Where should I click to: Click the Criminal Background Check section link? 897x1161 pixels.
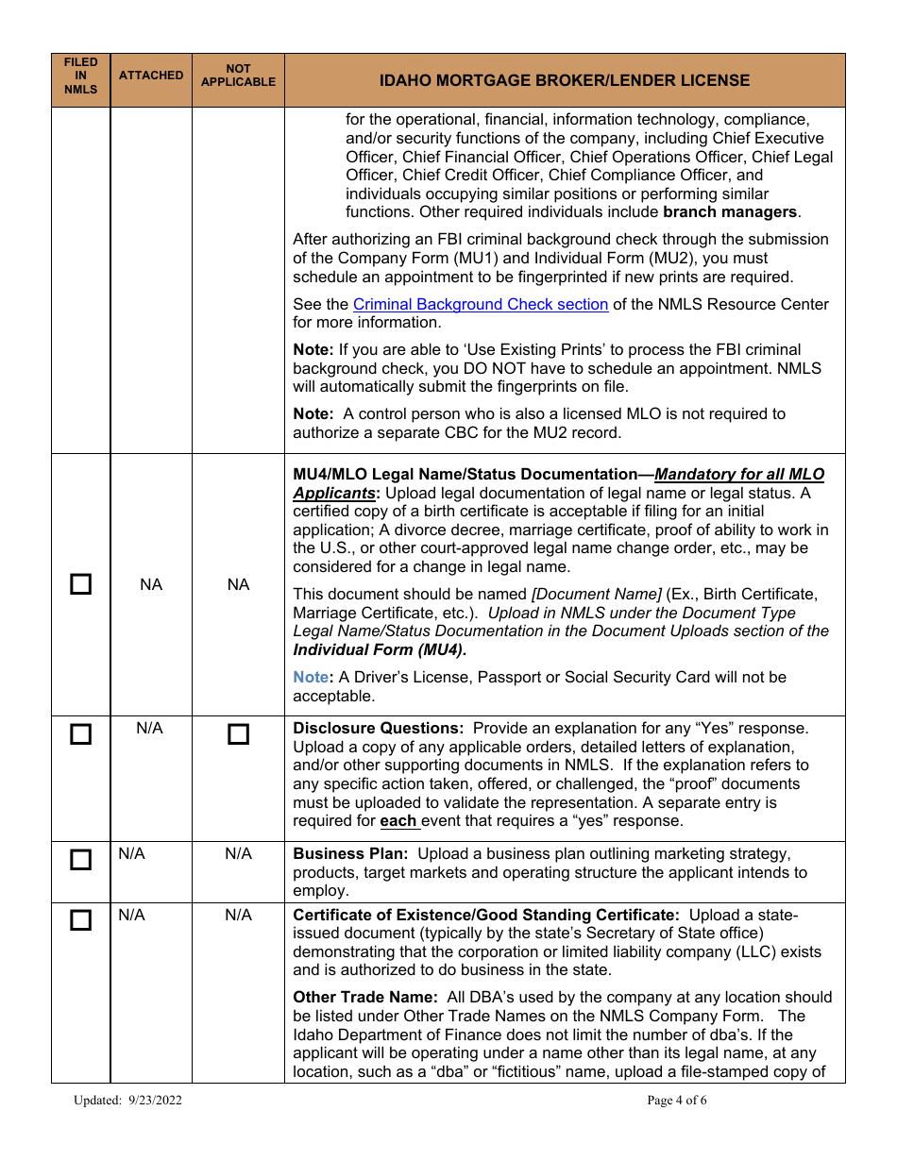[480, 304]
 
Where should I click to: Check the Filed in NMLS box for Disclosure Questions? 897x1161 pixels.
[81, 734]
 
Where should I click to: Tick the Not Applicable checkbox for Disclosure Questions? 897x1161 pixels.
[238, 734]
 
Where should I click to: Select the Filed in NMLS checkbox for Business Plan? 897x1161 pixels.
[81, 860]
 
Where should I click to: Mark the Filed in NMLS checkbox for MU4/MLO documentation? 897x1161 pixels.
[81, 584]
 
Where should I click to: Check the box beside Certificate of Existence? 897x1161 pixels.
[81, 920]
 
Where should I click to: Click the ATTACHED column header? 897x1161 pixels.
[151, 76]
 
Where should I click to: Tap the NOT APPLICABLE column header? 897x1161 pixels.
[238, 76]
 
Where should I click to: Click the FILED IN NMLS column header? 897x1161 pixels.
[81, 76]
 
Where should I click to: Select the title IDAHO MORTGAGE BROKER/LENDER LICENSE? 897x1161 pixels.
[565, 80]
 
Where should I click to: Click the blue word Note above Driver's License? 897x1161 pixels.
[310, 677]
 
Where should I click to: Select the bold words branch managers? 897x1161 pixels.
[730, 211]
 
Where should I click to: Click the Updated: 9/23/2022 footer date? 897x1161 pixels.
[127, 1101]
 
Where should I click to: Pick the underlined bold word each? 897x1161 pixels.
[398, 820]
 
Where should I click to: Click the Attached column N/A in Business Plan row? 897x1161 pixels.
[131, 853]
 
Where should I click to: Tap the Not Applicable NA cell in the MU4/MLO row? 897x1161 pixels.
[238, 584]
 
